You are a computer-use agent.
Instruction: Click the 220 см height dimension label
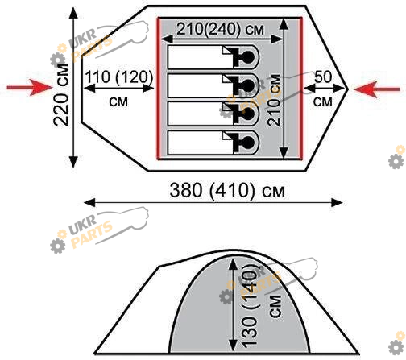[x=61, y=95]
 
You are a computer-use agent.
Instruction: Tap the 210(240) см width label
[x=220, y=29]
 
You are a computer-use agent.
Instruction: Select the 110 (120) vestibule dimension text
[x=119, y=77]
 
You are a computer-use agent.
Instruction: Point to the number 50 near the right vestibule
[x=323, y=77]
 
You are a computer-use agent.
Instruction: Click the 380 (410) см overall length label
[x=227, y=190]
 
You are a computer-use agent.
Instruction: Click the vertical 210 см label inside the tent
[x=275, y=100]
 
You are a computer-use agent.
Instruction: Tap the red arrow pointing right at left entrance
[x=30, y=87]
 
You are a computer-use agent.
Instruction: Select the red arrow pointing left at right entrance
[x=377, y=89]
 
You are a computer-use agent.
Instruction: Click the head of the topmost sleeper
[x=247, y=57]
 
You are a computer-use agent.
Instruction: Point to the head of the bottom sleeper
[x=247, y=143]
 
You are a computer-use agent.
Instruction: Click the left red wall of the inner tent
[x=159, y=89]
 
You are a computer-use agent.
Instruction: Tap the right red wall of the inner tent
[x=301, y=89]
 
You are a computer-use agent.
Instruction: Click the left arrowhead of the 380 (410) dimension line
[x=89, y=202]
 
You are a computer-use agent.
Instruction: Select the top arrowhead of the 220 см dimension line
[x=73, y=13]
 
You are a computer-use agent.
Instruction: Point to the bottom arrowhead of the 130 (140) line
[x=233, y=345]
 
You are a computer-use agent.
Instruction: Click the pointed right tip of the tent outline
[x=348, y=89]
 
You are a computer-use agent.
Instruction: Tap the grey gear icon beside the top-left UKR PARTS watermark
[x=58, y=60]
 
